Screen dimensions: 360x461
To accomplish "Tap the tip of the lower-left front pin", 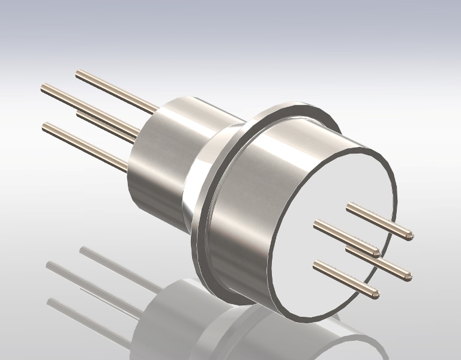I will pyautogui.click(x=376, y=294).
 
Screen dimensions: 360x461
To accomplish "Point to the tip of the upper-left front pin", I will pyautogui.click(x=376, y=253).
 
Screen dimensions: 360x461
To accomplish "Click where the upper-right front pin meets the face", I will pyautogui.click(x=349, y=208).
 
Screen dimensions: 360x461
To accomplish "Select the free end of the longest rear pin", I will pyautogui.click(x=44, y=89).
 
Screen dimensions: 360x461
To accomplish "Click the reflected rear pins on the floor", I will pyautogui.click(x=90, y=282).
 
